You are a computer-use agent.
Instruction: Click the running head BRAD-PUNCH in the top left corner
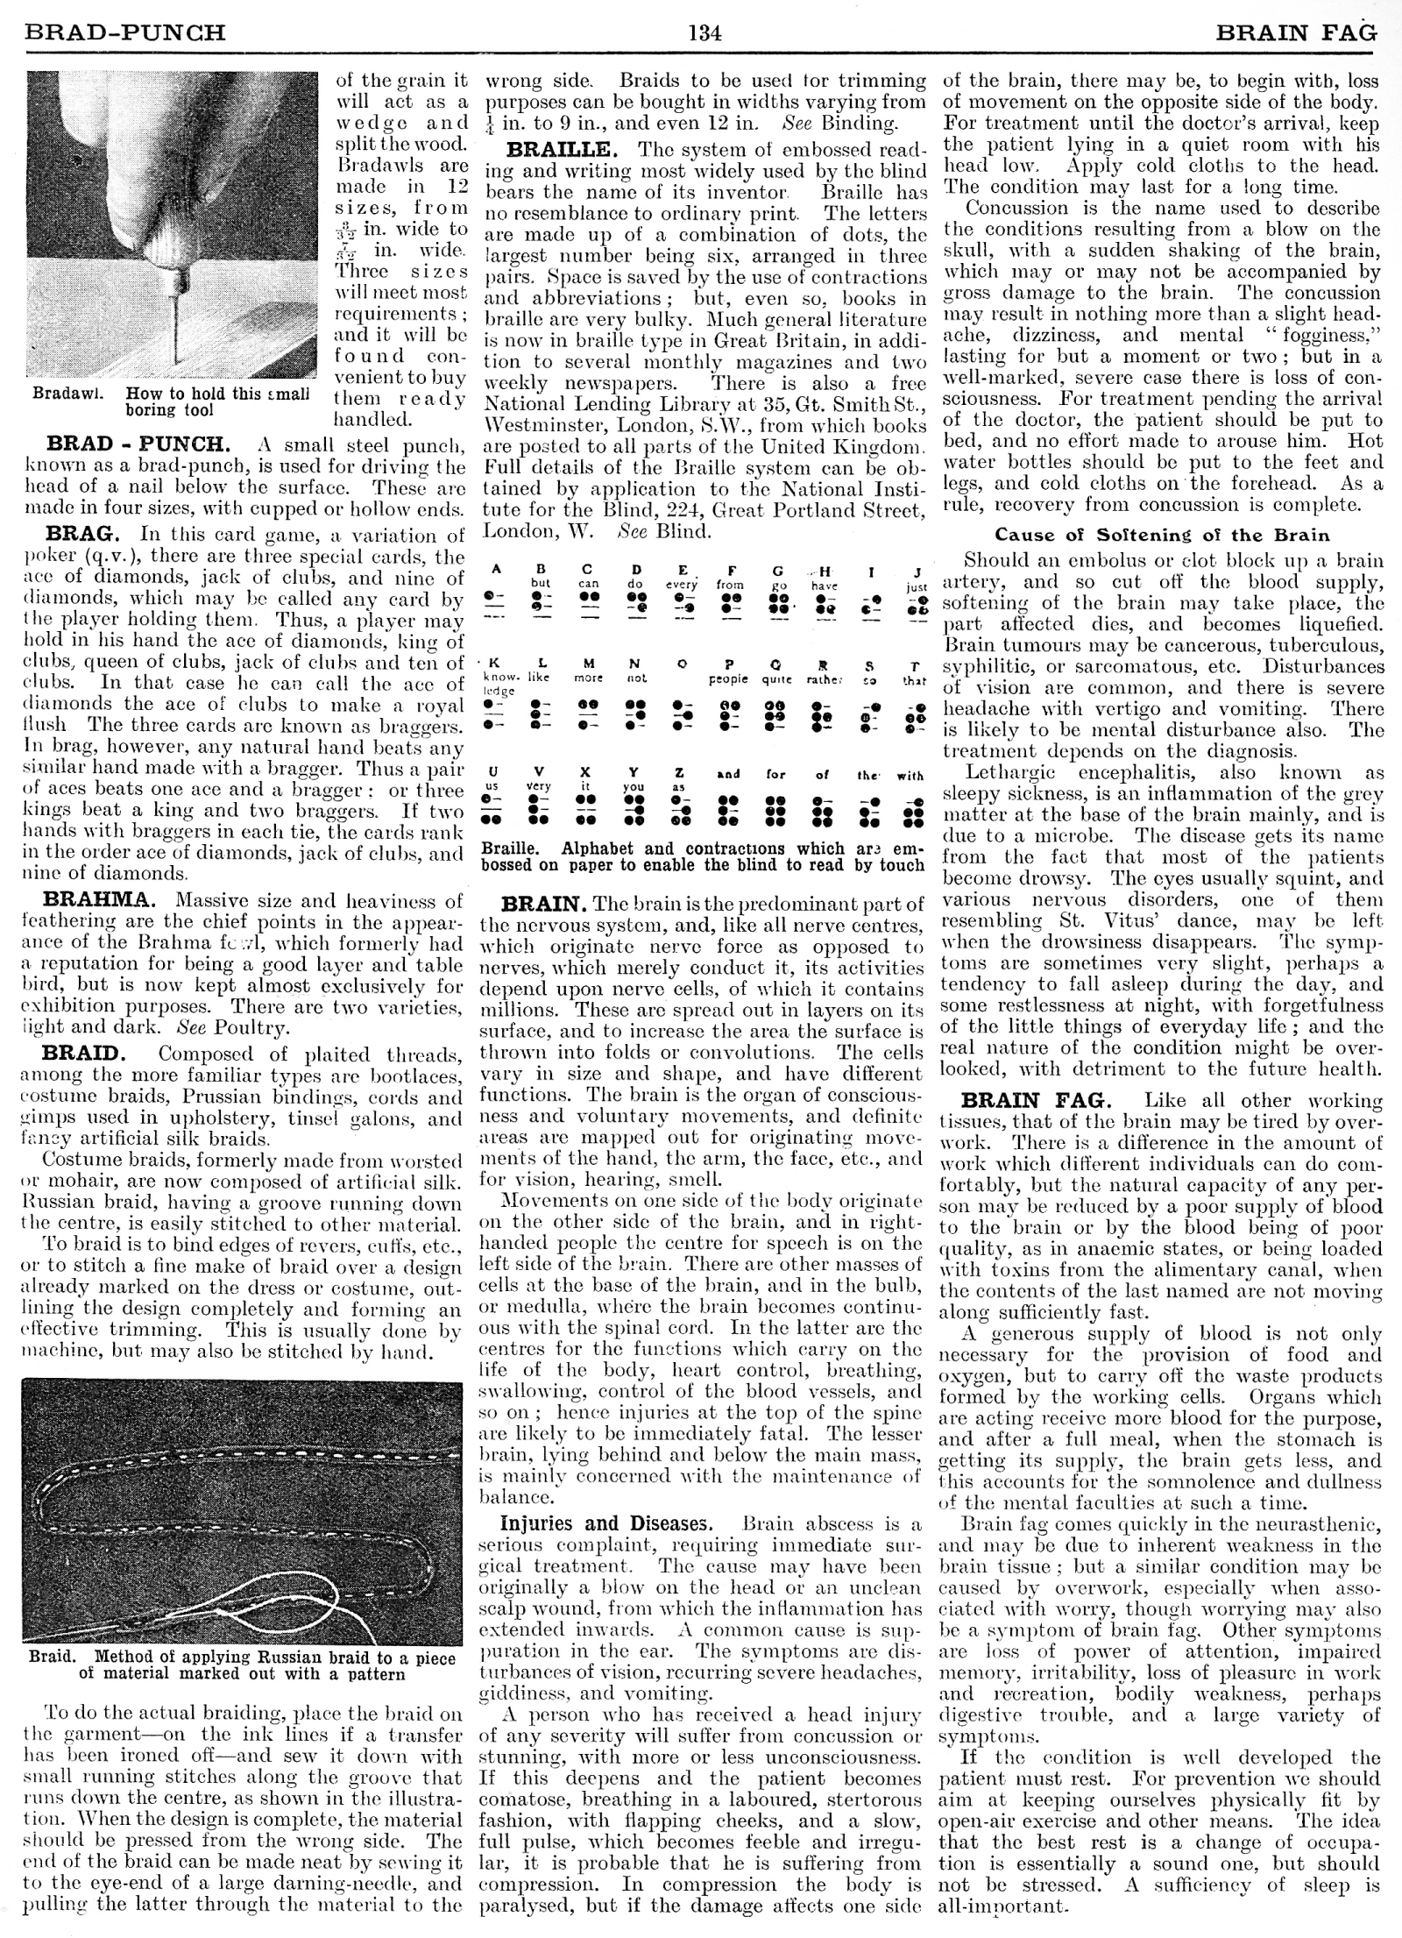pyautogui.click(x=127, y=33)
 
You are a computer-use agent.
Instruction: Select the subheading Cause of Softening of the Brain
pyautogui.click(x=1162, y=535)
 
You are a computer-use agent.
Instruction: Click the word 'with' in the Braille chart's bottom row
pyautogui.click(x=910, y=775)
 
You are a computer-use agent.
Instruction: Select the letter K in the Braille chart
pyautogui.click(x=495, y=664)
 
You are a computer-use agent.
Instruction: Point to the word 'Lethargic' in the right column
pyautogui.click(x=1004, y=772)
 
